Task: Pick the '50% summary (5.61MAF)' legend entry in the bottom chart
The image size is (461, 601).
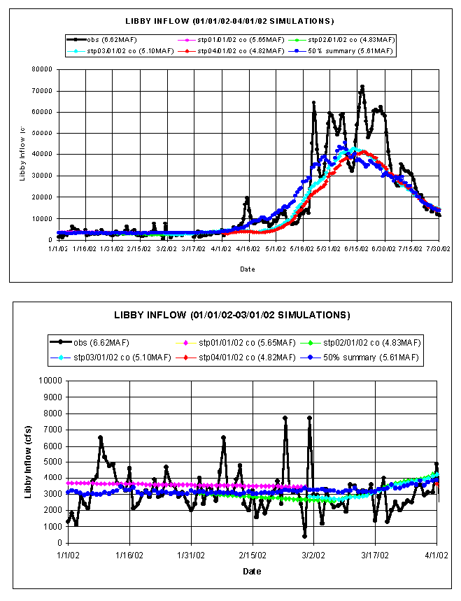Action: (376, 358)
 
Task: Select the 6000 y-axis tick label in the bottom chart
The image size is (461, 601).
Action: (51, 446)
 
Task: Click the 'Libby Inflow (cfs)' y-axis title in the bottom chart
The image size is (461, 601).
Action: (29, 462)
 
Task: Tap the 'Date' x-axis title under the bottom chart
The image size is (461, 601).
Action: (252, 571)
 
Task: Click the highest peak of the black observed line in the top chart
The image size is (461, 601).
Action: (362, 87)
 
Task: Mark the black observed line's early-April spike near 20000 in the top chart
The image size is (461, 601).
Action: (247, 198)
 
